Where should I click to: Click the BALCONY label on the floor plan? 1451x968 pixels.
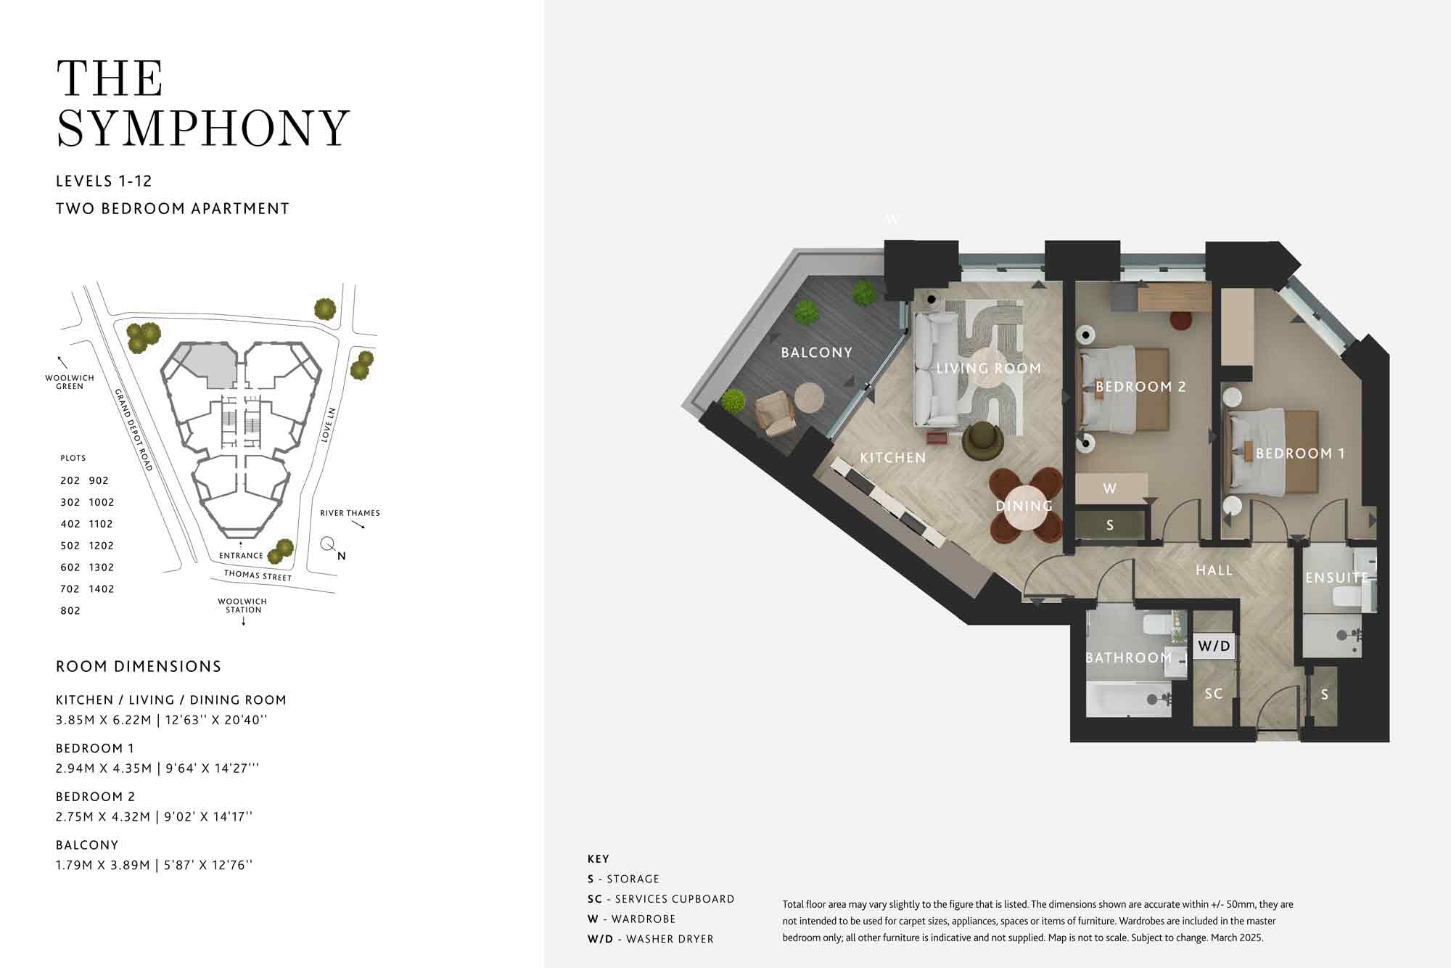pos(816,353)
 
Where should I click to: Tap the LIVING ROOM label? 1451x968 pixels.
pos(989,369)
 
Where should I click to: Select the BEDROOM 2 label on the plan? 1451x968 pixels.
pos(1140,387)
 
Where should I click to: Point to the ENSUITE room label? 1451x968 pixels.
pos(1336,578)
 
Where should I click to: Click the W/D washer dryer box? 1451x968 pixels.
pos(1214,645)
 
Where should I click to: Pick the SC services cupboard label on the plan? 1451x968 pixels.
pos(1214,694)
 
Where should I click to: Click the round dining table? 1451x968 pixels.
pos(1025,506)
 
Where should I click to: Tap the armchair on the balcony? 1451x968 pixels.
pos(776,413)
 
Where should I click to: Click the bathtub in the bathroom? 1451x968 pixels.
pos(1128,699)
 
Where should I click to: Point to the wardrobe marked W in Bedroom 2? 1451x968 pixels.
pos(1111,488)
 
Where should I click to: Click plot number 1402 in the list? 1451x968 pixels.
pos(102,589)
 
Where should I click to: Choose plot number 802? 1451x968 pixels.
pos(70,611)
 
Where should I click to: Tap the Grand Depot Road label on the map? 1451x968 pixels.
pos(133,430)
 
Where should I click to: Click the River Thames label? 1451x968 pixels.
pos(350,513)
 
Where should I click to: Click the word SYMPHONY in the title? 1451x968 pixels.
pos(203,128)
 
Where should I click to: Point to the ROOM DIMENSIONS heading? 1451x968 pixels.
pos(139,667)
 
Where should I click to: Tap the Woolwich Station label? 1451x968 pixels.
pos(242,606)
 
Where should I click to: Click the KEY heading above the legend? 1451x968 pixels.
pos(599,859)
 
